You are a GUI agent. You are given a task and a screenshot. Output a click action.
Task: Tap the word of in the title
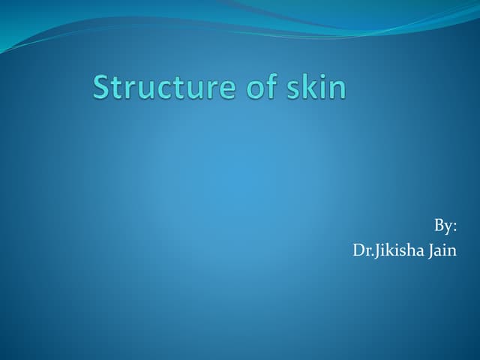click(x=252, y=88)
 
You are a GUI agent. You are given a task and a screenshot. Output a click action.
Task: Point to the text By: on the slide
click(x=445, y=226)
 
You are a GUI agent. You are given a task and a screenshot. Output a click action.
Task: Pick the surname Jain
click(x=442, y=250)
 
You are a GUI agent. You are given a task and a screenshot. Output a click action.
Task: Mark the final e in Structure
click(x=220, y=90)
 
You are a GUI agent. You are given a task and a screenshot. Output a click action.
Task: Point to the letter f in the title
click(x=262, y=87)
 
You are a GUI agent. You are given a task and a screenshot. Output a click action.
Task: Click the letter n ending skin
click(x=338, y=90)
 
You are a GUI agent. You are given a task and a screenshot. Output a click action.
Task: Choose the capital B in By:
click(x=438, y=226)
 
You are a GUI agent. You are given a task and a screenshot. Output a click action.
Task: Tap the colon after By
click(x=455, y=228)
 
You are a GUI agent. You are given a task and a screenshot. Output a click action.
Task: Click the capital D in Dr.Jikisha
click(x=358, y=250)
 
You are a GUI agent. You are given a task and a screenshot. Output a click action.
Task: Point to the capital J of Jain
click(x=430, y=250)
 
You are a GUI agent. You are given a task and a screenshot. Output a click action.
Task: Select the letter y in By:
click(x=448, y=229)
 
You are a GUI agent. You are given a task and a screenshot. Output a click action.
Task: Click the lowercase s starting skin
click(x=292, y=90)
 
